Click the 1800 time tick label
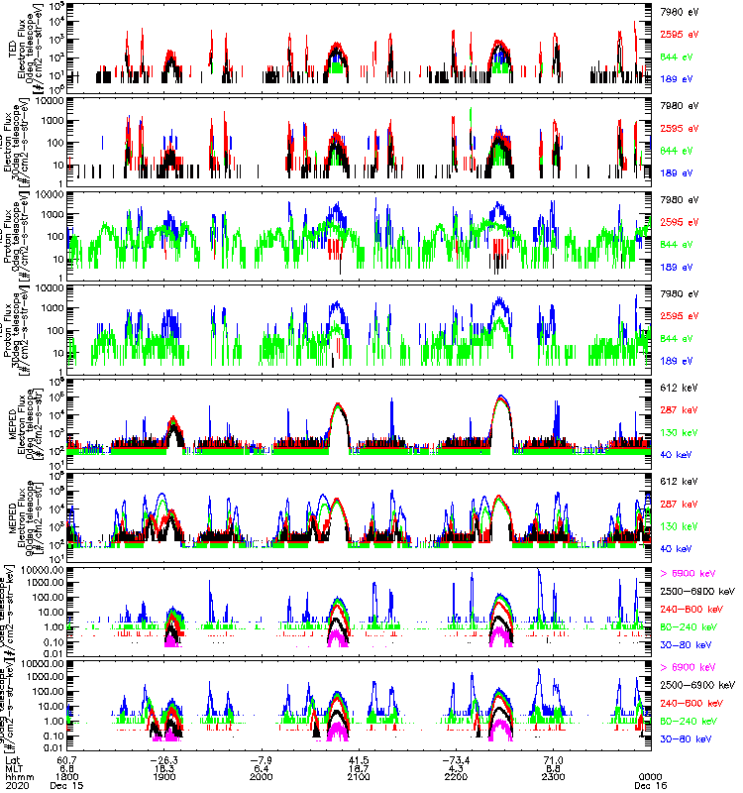click(67, 776)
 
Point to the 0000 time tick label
click(650, 776)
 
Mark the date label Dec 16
click(650, 785)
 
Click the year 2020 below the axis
click(14, 785)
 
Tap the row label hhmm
click(14, 776)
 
